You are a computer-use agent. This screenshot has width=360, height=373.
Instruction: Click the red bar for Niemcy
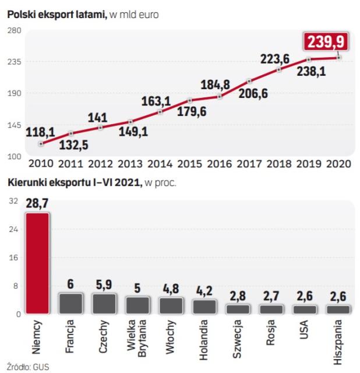click(x=38, y=263)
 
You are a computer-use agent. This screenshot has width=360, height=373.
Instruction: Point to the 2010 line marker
click(x=41, y=143)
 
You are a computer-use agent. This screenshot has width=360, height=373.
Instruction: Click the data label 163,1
click(x=156, y=100)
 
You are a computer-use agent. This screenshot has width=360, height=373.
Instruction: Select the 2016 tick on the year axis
click(x=219, y=163)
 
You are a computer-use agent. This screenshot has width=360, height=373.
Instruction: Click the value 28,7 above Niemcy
click(x=37, y=204)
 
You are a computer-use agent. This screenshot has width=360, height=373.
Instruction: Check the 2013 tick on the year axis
click(x=130, y=163)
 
